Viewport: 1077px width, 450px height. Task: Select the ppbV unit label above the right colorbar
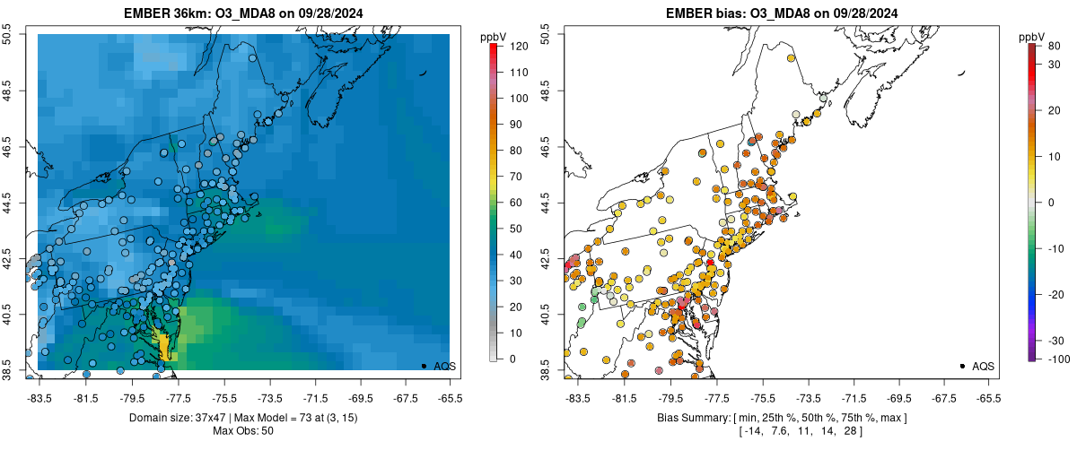(x=1032, y=36)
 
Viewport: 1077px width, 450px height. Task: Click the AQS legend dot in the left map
(x=424, y=366)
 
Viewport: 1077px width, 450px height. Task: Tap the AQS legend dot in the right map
(x=962, y=366)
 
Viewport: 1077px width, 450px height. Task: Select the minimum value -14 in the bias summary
(x=753, y=431)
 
